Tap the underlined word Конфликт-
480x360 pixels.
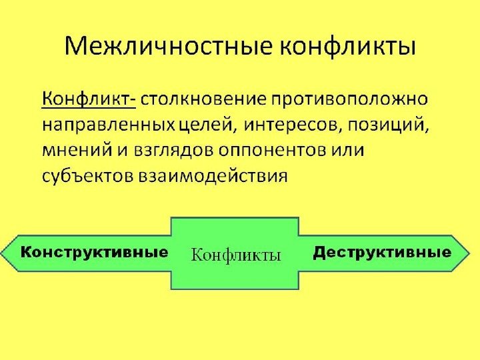click(x=89, y=100)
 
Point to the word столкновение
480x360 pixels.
click(x=203, y=100)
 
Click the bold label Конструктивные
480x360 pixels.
click(x=93, y=253)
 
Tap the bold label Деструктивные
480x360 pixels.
click(x=382, y=253)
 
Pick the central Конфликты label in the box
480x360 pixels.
click(x=236, y=255)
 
